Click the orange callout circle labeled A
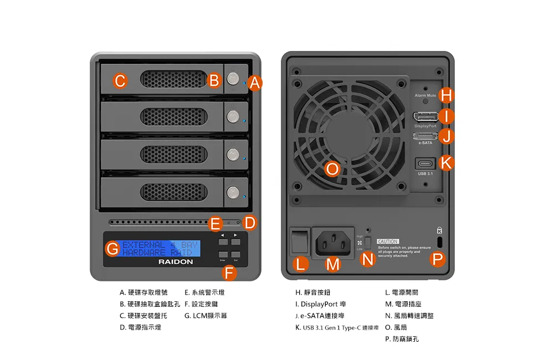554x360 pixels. [254, 83]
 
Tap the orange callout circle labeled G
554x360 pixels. [112, 249]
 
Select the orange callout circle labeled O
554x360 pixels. [332, 169]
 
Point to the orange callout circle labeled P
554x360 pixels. [438, 259]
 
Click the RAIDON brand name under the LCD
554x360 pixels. [176, 261]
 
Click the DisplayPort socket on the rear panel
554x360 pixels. [425, 117]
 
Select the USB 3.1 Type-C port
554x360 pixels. [425, 164]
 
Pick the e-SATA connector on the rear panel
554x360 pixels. [425, 136]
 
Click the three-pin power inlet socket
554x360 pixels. [333, 243]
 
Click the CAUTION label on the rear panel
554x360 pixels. [388, 241]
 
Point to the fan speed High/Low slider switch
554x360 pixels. [367, 243]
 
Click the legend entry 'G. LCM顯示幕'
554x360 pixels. [206, 316]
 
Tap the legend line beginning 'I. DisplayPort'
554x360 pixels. [321, 304]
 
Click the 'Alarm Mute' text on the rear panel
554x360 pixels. [425, 96]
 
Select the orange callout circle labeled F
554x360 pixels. [229, 272]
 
